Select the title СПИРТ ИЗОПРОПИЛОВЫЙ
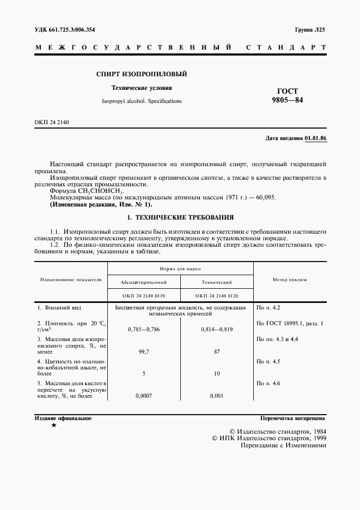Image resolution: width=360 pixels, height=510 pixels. (141, 74)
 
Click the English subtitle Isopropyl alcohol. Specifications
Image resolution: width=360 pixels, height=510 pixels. (142, 101)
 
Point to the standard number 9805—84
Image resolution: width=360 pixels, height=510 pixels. (288, 100)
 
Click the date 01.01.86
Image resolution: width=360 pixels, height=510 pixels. (315, 139)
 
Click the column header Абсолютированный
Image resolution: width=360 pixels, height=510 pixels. (143, 282)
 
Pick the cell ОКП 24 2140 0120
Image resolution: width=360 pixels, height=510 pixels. (217, 296)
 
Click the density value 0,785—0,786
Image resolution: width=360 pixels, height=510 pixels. (143, 330)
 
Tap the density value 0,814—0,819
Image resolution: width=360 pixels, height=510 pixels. (217, 330)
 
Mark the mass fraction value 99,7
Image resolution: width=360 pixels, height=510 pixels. (143, 353)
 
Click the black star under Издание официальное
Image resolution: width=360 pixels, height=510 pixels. (53, 426)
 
